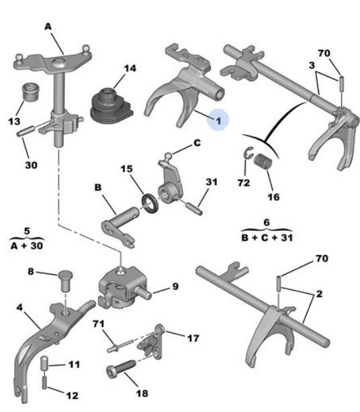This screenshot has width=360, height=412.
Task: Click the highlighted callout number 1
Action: [218, 121]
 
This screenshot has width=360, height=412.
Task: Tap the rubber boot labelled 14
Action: [111, 107]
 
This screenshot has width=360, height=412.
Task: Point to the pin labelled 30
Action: [26, 131]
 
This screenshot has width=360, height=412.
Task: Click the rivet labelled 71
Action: [120, 346]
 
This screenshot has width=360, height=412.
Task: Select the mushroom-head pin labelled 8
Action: [65, 281]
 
